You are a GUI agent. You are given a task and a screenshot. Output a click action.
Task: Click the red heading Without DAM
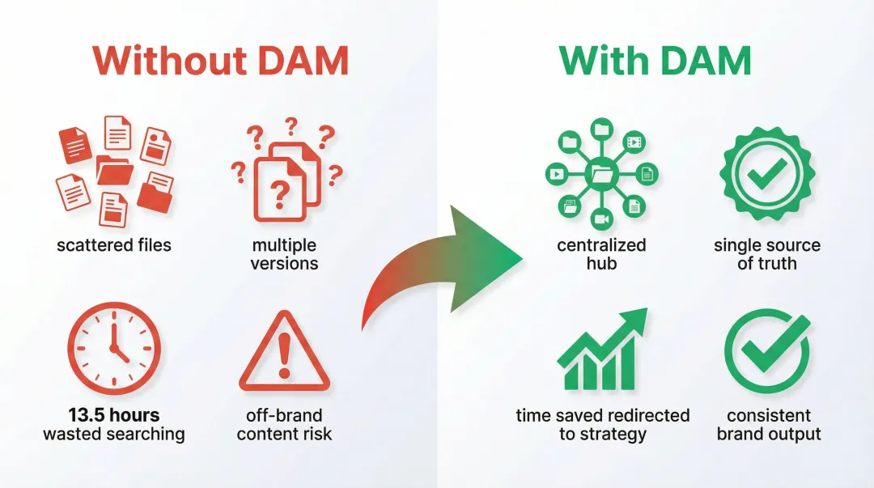tap(219, 61)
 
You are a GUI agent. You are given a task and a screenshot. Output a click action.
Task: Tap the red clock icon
tap(114, 350)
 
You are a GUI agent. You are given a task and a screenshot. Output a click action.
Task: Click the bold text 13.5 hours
tap(114, 416)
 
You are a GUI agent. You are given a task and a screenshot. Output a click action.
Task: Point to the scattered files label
tap(114, 244)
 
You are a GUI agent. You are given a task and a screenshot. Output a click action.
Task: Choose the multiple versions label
tap(284, 253)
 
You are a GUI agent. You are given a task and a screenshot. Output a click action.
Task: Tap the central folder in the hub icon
tap(601, 172)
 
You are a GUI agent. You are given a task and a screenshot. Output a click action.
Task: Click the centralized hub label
tap(601, 253)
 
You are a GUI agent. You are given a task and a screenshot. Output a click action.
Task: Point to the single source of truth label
tap(767, 253)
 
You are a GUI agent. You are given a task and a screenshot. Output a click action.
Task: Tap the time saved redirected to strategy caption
tap(603, 425)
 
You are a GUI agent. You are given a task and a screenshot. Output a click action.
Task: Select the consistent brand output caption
tap(769, 425)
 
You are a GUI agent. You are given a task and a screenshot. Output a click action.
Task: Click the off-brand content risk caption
tap(284, 425)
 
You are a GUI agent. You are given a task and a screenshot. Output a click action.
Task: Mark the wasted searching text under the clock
tap(114, 435)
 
